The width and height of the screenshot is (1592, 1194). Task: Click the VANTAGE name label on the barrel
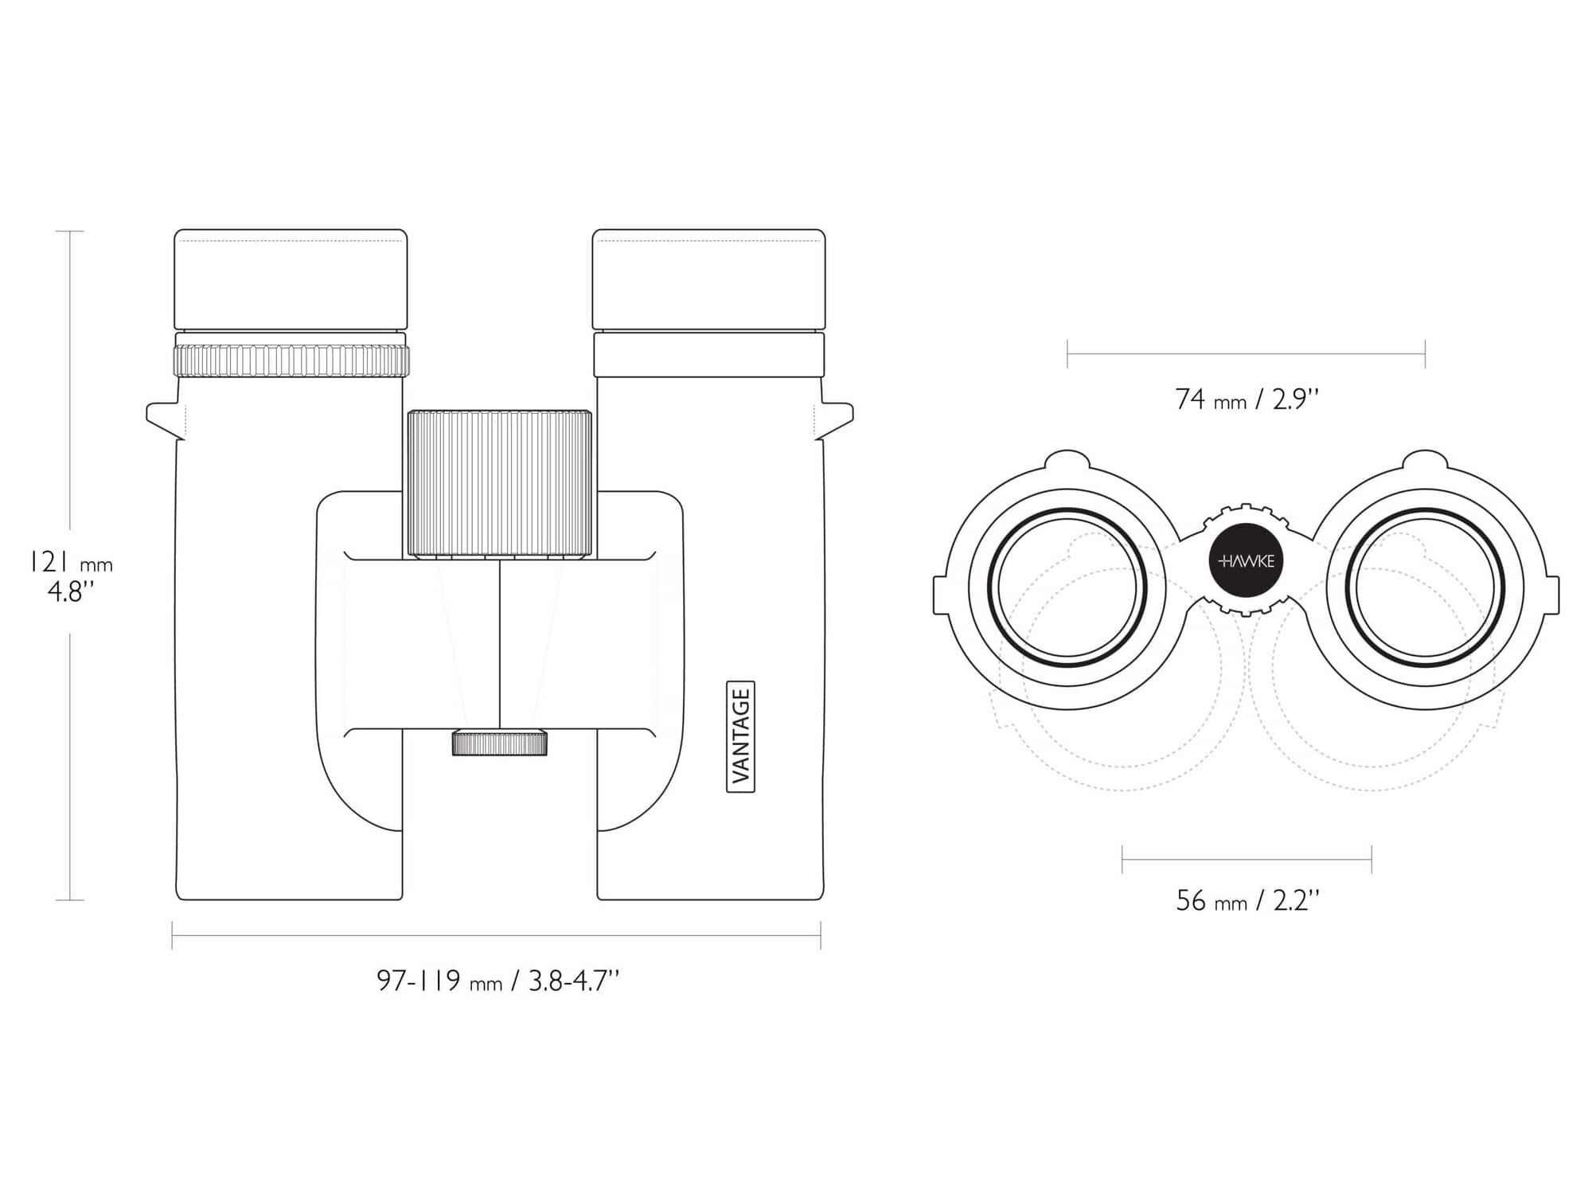(741, 737)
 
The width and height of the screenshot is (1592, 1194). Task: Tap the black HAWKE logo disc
(1246, 560)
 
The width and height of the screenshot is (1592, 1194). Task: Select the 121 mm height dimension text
(71, 564)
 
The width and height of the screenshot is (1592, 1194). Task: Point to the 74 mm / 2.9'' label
(1247, 398)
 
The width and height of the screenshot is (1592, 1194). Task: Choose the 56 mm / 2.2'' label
(1247, 900)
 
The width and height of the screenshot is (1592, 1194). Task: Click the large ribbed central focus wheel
(500, 483)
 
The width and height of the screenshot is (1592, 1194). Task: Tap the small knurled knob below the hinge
(500, 742)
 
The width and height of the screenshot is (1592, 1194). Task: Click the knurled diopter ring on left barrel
(291, 361)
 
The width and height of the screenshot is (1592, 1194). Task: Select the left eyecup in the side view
(291, 280)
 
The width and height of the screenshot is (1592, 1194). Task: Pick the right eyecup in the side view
(708, 280)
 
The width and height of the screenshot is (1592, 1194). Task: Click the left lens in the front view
(1067, 588)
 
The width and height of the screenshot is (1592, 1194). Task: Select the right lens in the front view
(1425, 588)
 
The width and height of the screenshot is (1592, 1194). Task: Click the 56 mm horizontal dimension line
(1247, 859)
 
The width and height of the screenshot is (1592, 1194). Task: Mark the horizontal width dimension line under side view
(497, 935)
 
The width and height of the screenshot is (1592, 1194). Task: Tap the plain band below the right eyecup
(708, 355)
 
